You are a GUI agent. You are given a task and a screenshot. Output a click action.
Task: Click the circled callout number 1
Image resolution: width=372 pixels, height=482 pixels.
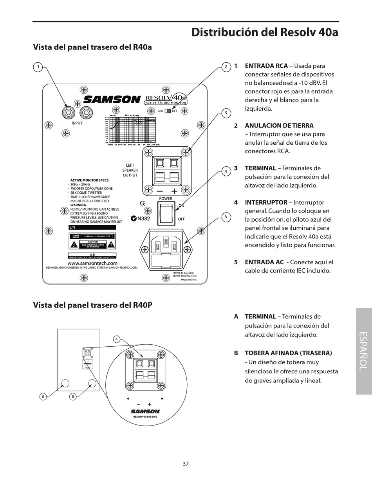38,67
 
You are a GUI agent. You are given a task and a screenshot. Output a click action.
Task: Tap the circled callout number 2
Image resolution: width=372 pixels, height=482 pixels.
226,67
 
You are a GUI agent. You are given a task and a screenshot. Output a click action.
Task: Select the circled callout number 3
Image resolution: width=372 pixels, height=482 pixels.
226,113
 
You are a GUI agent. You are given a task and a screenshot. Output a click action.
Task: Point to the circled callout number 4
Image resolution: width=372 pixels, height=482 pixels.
226,171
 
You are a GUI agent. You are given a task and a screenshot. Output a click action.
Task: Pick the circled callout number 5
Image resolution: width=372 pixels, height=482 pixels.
226,217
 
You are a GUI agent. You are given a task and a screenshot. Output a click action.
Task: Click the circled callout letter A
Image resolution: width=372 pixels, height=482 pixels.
116,339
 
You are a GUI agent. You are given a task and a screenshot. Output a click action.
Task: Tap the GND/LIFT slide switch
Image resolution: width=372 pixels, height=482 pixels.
168,111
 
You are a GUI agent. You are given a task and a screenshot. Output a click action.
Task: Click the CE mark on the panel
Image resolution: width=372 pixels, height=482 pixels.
143,203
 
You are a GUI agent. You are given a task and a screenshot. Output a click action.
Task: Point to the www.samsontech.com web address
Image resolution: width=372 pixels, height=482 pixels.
92,263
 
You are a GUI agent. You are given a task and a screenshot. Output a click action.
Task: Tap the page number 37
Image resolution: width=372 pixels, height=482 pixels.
186,464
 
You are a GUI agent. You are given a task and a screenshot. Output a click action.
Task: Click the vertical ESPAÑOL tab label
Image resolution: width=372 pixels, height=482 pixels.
363,351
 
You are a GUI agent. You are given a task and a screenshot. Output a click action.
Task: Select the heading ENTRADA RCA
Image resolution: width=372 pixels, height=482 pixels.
266,66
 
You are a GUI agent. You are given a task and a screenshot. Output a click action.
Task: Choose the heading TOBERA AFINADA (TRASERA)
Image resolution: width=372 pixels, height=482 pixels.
288,353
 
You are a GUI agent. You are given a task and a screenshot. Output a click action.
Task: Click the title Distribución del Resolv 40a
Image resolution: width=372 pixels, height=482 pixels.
265,32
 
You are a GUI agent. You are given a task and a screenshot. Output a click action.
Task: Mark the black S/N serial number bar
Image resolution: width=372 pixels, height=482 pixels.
92,227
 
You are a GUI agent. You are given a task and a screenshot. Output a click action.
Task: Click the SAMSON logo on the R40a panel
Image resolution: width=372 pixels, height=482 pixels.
112,100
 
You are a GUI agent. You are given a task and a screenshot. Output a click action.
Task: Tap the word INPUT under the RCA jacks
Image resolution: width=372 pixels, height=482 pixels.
77,123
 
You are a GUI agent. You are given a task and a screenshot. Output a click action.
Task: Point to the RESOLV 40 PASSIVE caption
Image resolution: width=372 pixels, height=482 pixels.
145,417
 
